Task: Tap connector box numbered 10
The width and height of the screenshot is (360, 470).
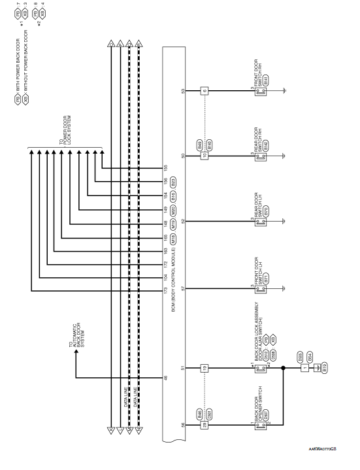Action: [x=205, y=156]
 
